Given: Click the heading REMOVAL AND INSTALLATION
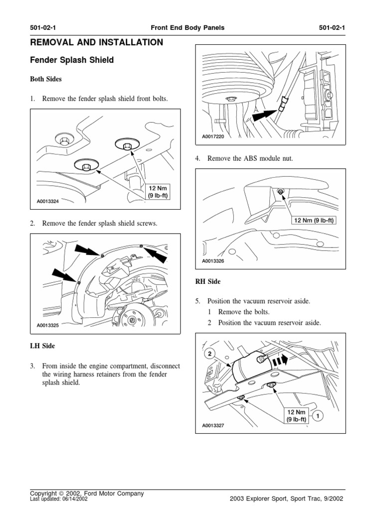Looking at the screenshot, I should click(x=97, y=43).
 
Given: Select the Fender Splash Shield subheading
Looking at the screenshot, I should click(x=72, y=60).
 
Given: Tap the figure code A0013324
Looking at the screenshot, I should click(x=48, y=202).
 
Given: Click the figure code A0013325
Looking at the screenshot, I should click(x=48, y=326).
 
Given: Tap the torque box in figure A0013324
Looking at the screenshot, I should click(x=157, y=192).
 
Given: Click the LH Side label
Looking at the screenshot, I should click(x=43, y=346).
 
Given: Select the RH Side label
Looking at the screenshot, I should click(x=207, y=282).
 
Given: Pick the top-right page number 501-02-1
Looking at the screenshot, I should click(x=332, y=28).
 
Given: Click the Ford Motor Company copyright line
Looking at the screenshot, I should click(x=87, y=493).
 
